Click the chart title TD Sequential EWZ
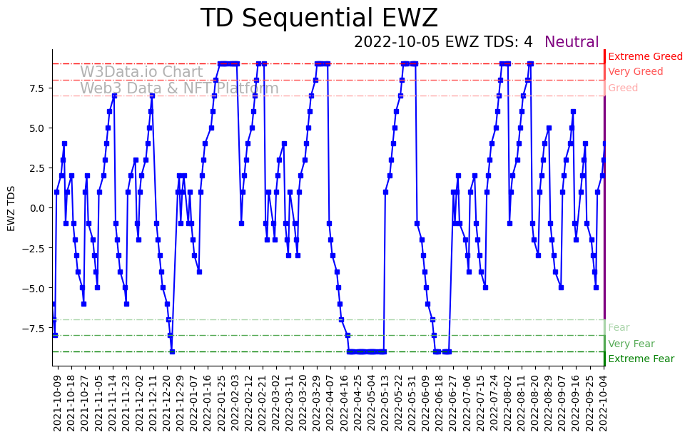coord(319,19)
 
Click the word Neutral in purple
coord(572,42)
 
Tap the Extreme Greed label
coord(645,56)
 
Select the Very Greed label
coord(635,72)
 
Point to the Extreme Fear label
coord(641,359)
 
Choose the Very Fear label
coord(631,344)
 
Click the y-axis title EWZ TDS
coord(11,208)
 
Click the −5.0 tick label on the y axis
coord(35,288)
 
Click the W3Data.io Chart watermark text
coord(141,72)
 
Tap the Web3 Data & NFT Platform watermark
coord(179,88)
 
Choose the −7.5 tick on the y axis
coord(35,328)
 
